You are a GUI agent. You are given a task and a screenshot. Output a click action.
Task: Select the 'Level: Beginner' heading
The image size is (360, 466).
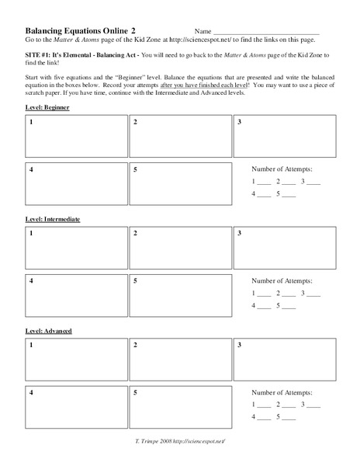[47, 106]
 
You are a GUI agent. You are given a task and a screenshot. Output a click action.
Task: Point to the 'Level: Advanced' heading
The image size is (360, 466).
[49, 331]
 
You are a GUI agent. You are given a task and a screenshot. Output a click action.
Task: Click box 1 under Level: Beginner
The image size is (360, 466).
[76, 137]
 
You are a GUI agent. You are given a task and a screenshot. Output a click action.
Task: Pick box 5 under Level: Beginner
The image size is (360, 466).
[180, 184]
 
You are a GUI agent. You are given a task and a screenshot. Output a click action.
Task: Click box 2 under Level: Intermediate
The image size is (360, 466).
[180, 249]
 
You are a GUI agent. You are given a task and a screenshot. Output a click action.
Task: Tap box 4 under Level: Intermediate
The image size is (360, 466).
[76, 296]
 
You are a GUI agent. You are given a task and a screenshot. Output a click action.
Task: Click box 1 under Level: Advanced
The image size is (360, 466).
[76, 360]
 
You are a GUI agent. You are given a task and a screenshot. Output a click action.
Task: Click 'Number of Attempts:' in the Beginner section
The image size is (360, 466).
[284, 169]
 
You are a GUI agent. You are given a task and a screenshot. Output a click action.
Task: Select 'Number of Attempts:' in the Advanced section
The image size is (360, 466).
[284, 393]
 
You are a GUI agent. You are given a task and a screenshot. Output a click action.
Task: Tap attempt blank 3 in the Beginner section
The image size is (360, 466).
[313, 183]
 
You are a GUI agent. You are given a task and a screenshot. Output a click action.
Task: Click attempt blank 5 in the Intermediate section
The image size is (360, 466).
[289, 308]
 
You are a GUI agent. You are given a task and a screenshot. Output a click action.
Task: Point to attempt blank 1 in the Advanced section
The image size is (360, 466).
[265, 407]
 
